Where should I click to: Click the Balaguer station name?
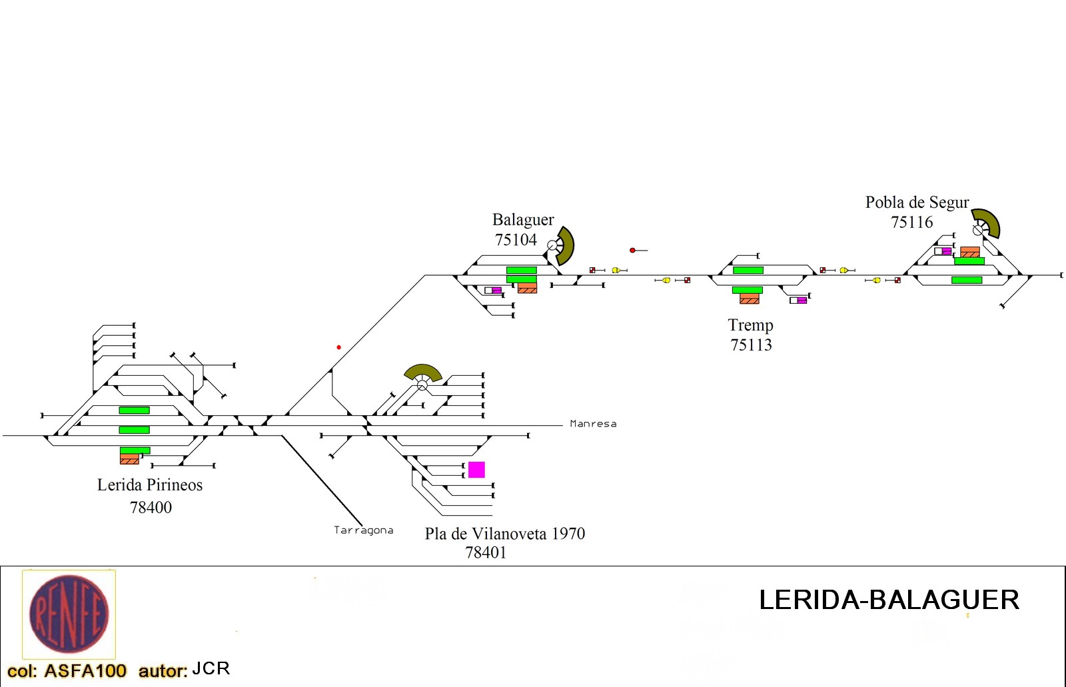tap(523, 220)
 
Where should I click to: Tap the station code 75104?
tap(516, 239)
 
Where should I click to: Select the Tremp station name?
tap(750, 326)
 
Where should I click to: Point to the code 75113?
tap(751, 345)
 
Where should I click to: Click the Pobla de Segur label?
tap(917, 203)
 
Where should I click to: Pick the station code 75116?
tap(912, 223)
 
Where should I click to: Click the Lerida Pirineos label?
tap(150, 485)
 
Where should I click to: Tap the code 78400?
tap(151, 508)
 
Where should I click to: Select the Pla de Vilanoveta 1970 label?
tap(505, 534)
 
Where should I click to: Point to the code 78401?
tap(486, 553)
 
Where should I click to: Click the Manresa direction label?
tap(593, 424)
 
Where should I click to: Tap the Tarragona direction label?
tap(364, 530)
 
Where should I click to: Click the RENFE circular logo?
tap(69, 614)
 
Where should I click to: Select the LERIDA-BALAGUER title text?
tap(889, 600)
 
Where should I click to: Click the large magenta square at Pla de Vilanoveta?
tap(476, 470)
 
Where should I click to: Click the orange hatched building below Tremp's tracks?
tap(750, 299)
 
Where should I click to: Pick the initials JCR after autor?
tap(211, 669)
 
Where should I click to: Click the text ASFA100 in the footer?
tap(85, 671)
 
